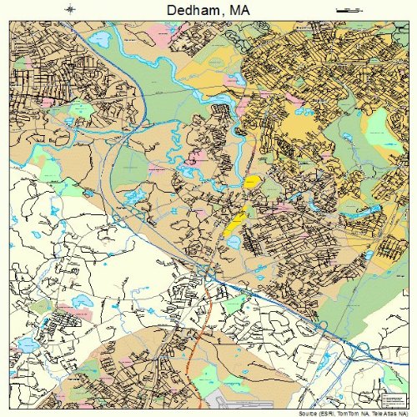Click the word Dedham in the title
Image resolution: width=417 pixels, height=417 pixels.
(x=183, y=11)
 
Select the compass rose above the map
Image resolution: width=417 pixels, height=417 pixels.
(x=71, y=10)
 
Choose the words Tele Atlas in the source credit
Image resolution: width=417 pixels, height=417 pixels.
(x=388, y=413)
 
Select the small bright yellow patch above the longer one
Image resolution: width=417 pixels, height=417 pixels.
(x=251, y=181)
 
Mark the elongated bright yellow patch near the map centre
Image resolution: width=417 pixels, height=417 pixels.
(x=236, y=221)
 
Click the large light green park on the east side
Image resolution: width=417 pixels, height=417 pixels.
(x=379, y=125)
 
